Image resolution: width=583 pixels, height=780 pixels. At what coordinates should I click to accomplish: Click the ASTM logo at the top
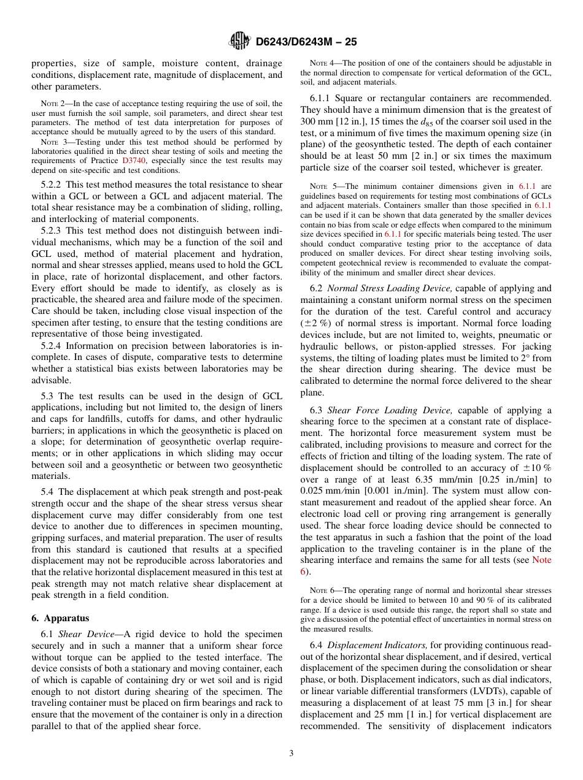[239, 41]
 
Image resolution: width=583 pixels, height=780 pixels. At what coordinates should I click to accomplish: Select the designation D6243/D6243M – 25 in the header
[306, 42]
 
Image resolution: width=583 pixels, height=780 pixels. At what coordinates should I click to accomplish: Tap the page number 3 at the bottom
[291, 753]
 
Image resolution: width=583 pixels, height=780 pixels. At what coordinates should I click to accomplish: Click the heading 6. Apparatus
[60, 618]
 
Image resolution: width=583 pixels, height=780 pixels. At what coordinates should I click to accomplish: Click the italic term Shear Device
[82, 634]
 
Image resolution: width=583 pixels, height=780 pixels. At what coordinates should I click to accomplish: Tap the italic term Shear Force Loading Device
[390, 410]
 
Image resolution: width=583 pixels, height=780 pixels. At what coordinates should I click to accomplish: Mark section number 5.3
[48, 396]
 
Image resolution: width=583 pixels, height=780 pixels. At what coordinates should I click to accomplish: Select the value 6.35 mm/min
[446, 480]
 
